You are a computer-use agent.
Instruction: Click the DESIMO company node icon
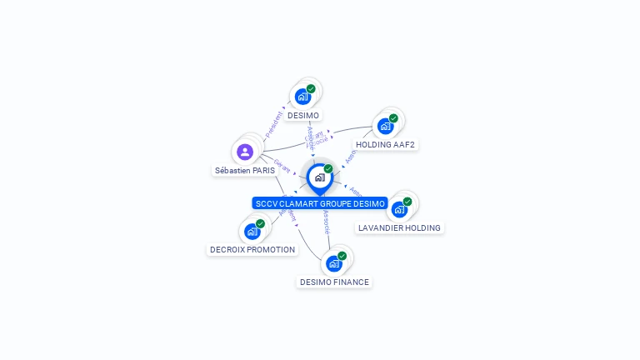point(302,97)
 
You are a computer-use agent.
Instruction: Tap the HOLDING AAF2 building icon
point(385,126)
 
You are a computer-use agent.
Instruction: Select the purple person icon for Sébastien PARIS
point(245,152)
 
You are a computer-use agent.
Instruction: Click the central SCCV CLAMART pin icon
point(319,177)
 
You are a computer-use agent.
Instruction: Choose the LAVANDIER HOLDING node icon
point(399,209)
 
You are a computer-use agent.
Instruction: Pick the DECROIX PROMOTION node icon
point(252,231)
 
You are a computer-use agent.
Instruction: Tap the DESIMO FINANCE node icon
point(334,263)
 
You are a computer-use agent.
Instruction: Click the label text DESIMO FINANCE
point(334,282)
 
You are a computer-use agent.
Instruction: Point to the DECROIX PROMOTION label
point(252,249)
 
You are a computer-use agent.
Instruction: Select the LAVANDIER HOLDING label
point(399,227)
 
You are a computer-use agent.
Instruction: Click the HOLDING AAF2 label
point(385,144)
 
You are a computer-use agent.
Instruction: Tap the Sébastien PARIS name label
point(245,170)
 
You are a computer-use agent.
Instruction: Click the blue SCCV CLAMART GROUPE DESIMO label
point(320,203)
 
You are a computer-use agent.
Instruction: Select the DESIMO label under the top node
point(303,115)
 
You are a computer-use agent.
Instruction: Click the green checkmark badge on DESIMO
point(311,89)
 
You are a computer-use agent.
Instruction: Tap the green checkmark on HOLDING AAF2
point(393,118)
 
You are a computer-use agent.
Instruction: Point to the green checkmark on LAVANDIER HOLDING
point(407,202)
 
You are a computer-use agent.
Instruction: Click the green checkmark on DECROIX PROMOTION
point(260,223)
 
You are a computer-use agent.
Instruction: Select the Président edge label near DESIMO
point(273,125)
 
